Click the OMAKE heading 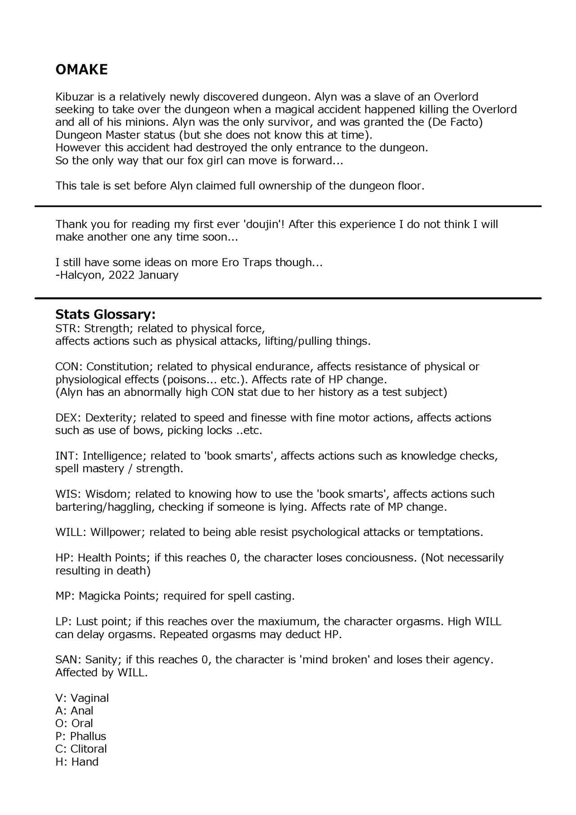coord(81,70)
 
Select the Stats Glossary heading coord(105,314)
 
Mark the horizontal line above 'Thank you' coord(288,206)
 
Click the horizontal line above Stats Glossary coord(288,298)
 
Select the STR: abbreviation coord(68,329)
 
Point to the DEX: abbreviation coord(68,418)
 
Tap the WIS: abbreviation coord(68,494)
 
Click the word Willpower coord(117,532)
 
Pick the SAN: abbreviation coord(68,660)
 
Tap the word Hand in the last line coord(85,762)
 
